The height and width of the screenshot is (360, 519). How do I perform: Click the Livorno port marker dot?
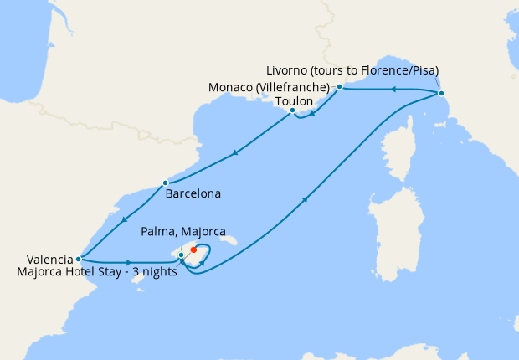[441, 93]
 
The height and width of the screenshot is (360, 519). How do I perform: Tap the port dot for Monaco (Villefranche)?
[339, 86]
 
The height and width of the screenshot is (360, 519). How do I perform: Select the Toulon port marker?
[292, 111]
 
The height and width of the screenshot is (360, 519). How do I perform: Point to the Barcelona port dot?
[166, 183]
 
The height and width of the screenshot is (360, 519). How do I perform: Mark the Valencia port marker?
[78, 259]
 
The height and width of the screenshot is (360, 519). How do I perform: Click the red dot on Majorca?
[193, 249]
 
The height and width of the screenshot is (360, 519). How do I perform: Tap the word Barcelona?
[193, 194]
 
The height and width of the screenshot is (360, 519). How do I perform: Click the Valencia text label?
[38, 260]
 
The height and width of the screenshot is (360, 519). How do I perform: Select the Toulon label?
[294, 100]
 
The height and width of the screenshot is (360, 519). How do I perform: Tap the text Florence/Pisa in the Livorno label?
[395, 69]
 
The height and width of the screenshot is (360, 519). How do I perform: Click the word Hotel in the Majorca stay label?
[86, 272]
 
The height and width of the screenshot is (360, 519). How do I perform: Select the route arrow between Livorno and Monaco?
[389, 89]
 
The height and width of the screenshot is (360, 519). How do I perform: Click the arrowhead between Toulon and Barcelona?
[236, 153]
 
